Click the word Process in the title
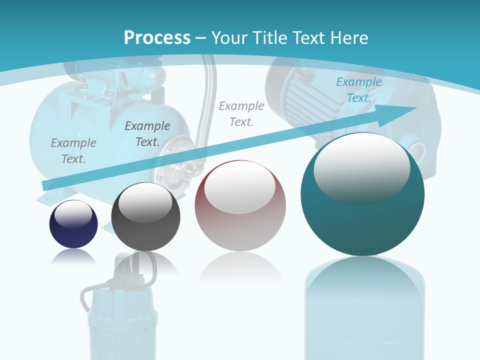pos(157,38)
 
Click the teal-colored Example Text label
pos(358,90)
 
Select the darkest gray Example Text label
pos(147,134)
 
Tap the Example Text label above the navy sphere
pos(73,151)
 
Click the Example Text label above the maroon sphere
pos(241,114)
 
